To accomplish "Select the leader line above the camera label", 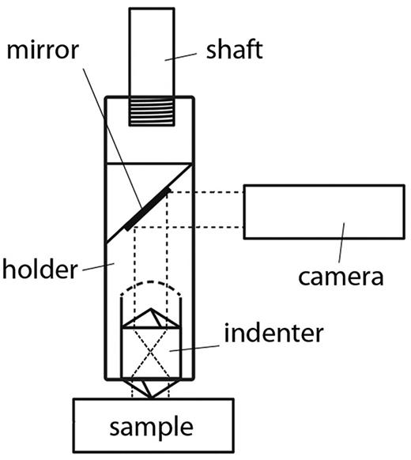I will (x=341, y=241).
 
